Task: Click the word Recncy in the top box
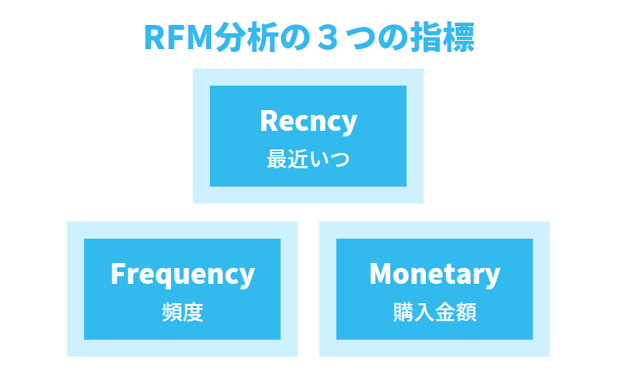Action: (308, 121)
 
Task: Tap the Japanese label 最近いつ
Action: (308, 159)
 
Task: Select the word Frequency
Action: (182, 274)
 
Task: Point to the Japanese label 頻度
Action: (182, 312)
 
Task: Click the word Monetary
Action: (434, 274)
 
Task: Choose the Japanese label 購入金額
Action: (434, 312)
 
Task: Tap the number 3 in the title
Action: (324, 37)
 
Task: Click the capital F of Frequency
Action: (118, 274)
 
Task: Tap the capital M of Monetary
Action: (382, 274)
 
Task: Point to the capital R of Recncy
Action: (269, 121)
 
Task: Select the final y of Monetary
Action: (493, 277)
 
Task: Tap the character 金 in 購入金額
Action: (445, 312)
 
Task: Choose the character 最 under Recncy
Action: (277, 159)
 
